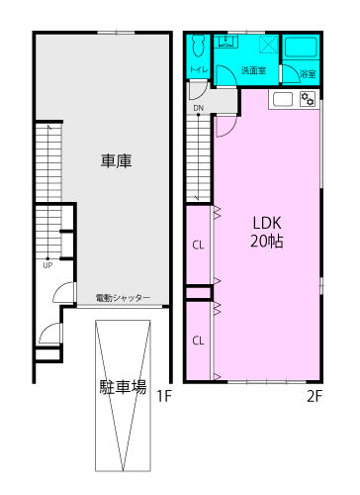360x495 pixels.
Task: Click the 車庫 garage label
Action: click(x=116, y=161)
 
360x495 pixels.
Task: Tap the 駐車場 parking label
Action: click(x=123, y=387)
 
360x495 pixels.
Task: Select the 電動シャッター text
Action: click(x=123, y=298)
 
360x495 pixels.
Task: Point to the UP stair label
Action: click(x=47, y=265)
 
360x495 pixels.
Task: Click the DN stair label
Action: click(x=199, y=108)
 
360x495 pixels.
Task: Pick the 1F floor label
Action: click(x=164, y=396)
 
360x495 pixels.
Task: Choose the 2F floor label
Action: click(x=315, y=396)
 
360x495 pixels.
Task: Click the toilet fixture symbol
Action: click(x=199, y=46)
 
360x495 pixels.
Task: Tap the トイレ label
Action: click(x=199, y=69)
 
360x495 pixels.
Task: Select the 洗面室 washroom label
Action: click(x=253, y=70)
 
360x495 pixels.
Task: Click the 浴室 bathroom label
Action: click(x=308, y=73)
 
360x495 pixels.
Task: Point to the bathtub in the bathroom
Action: click(x=301, y=48)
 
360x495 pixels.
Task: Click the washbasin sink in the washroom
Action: click(x=226, y=42)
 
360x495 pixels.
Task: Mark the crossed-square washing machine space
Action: click(x=269, y=45)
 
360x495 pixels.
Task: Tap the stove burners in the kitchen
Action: click(x=308, y=99)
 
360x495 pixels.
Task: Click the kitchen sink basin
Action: click(x=283, y=99)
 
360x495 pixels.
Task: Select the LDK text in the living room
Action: click(x=267, y=223)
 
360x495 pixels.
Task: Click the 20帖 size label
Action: click(x=267, y=241)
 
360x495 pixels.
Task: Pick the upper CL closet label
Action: click(x=198, y=246)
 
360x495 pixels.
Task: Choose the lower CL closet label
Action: click(x=198, y=341)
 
